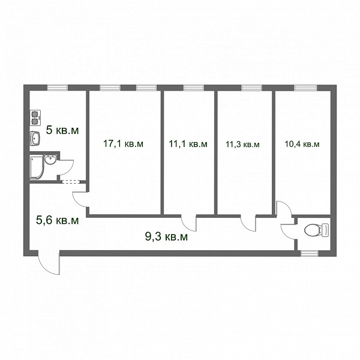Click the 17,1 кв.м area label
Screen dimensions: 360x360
[x=123, y=144]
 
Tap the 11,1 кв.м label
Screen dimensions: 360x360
[x=188, y=144]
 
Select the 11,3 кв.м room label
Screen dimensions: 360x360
[x=242, y=145]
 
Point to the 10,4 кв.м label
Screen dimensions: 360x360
[x=302, y=144]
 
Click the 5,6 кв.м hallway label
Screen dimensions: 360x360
[x=58, y=220]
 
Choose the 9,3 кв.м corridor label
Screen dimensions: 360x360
[x=166, y=236]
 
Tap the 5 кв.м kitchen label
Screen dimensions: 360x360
[x=62, y=130]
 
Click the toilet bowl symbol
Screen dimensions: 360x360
[x=316, y=230]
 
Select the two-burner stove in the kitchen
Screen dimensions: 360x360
[x=35, y=118]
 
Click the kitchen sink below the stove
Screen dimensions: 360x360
[x=35, y=139]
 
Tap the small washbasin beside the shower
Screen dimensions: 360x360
[x=50, y=160]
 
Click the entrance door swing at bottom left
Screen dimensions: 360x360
[x=49, y=262]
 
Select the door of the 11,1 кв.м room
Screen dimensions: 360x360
[x=189, y=223]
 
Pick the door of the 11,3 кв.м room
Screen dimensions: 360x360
[x=248, y=223]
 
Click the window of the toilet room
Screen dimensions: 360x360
[x=309, y=253]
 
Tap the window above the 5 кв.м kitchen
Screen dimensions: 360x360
[x=58, y=88]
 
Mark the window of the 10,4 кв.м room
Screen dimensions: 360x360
[x=305, y=88]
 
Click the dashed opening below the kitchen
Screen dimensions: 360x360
[x=71, y=182]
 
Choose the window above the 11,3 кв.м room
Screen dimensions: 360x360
[x=251, y=88]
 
